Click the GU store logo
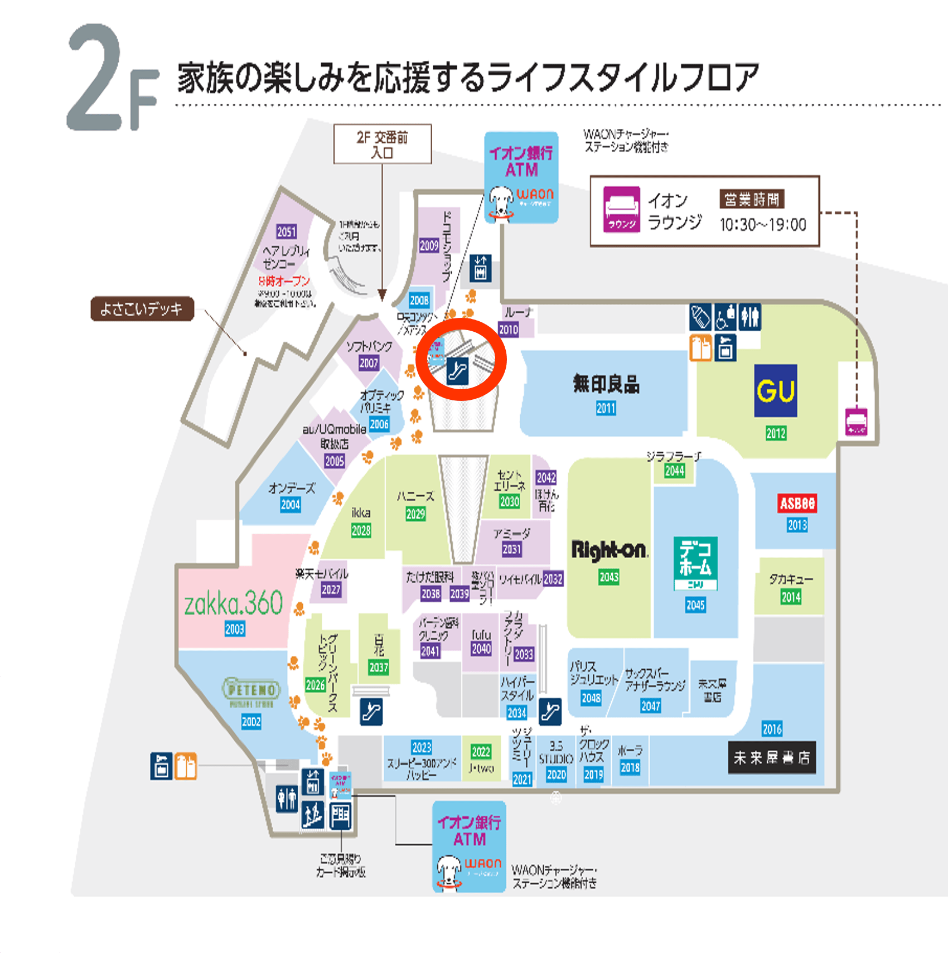tap(775, 390)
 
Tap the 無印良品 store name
tap(606, 384)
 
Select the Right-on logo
tap(610, 550)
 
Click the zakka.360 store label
tap(234, 603)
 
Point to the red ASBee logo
tap(797, 504)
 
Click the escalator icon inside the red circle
tap(457, 370)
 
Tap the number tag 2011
tap(606, 409)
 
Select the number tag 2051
tap(287, 232)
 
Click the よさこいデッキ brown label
tap(142, 309)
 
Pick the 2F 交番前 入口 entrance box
tap(382, 144)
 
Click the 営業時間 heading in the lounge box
tap(752, 199)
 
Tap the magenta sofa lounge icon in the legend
tap(622, 209)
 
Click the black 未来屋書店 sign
tap(772, 757)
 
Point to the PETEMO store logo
tap(251, 691)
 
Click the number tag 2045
tap(695, 605)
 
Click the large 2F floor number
tap(112, 78)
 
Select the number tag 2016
tap(772, 729)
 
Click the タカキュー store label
tap(791, 579)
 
